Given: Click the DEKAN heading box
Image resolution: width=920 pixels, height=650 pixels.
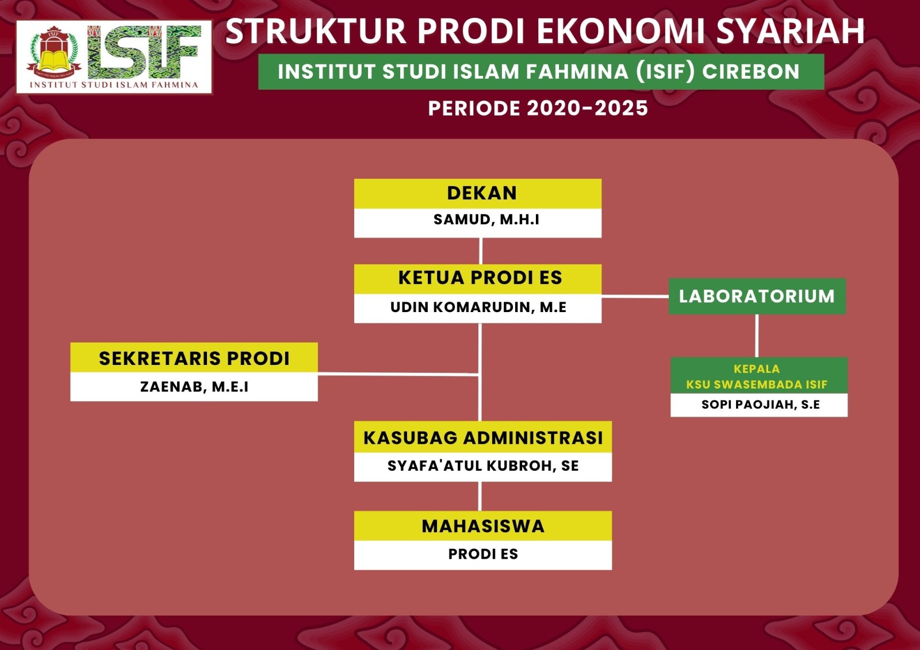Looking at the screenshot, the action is [x=478, y=194].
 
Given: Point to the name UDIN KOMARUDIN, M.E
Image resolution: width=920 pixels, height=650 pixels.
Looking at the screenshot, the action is [x=478, y=307].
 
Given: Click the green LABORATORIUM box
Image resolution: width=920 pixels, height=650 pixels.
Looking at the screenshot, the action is [x=757, y=296].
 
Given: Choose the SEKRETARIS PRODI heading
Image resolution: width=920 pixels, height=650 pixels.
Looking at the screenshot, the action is [x=194, y=357].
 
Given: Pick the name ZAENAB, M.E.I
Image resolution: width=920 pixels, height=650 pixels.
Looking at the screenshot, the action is [x=194, y=387].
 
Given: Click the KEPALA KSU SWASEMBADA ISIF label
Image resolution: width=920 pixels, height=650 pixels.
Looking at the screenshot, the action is [x=757, y=376].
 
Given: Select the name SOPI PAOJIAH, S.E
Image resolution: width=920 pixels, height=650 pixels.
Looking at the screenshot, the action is [x=760, y=405].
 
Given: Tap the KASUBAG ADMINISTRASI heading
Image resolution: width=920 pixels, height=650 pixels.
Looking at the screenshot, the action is [x=483, y=437].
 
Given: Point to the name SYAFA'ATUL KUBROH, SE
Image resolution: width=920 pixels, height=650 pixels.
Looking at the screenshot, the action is [x=483, y=466].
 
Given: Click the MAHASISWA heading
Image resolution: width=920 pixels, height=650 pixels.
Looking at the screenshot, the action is [x=483, y=526].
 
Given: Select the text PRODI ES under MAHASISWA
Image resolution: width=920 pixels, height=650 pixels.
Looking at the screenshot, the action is [x=483, y=554].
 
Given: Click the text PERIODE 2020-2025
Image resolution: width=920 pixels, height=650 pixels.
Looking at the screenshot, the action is [x=538, y=109].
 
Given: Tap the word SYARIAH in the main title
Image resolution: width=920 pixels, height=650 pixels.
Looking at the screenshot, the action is [x=790, y=31].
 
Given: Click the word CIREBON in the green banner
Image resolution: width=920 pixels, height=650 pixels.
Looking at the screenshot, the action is [x=751, y=71].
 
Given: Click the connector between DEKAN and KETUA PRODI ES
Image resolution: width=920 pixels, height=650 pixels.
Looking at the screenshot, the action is [x=481, y=251].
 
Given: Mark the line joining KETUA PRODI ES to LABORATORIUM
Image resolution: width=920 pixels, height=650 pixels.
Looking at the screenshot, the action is [x=635, y=296].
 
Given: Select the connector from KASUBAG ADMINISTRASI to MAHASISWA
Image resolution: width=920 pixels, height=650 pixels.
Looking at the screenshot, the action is [x=480, y=496].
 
